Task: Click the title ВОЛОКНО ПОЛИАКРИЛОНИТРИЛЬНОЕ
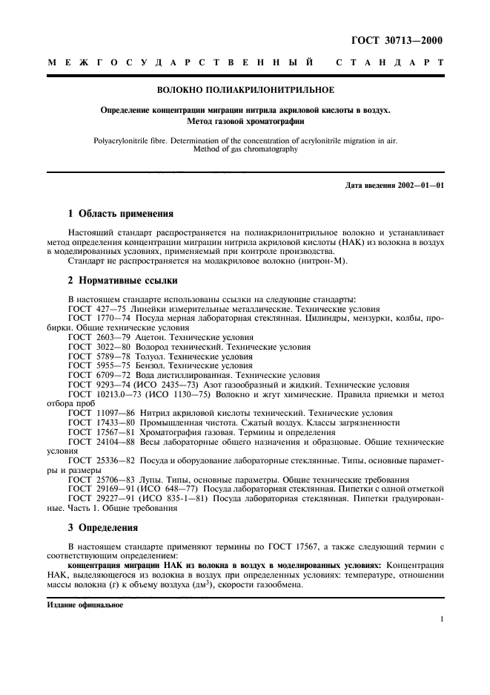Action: click(245, 90)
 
